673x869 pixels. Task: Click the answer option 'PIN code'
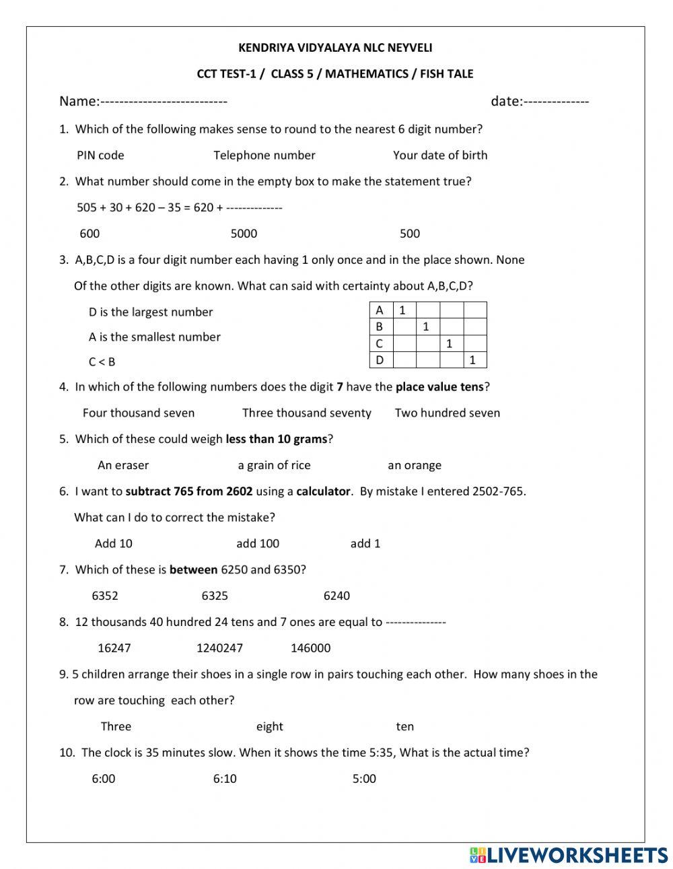[100, 155]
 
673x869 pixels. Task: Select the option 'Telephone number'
[264, 155]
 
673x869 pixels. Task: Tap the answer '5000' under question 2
[244, 234]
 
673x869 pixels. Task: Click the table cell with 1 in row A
[403, 310]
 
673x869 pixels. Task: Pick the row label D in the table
[380, 360]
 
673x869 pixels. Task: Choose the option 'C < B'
[102, 362]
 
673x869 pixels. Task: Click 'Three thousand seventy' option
[306, 413]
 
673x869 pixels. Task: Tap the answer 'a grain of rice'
[274, 465]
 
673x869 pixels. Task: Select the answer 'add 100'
[257, 544]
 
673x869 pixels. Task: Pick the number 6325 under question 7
[215, 596]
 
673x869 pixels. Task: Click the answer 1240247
[219, 648]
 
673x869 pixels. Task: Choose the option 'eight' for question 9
[269, 727]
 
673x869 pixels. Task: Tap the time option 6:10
[225, 779]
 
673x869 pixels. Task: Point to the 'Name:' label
[79, 102]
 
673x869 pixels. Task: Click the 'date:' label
[506, 102]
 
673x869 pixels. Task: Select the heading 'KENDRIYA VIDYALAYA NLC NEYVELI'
[335, 48]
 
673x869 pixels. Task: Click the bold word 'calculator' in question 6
[323, 491]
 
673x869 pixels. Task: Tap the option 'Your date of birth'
[439, 155]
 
